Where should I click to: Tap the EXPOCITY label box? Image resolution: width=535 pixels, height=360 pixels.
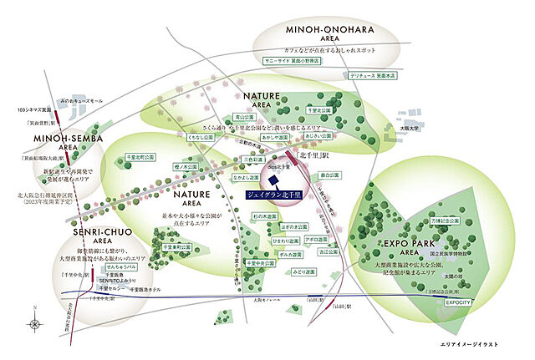(460, 303)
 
